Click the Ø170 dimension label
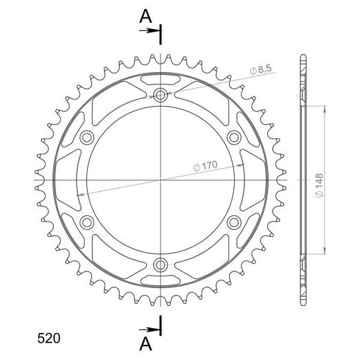[x=205, y=165]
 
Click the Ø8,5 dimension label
[x=260, y=70]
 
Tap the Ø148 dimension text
[x=319, y=186]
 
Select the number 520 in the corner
[x=48, y=339]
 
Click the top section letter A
[x=145, y=17]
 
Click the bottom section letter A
[x=145, y=344]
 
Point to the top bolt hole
[x=160, y=95]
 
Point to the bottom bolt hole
[x=160, y=265]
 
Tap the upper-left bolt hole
[x=87, y=138]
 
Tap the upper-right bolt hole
[x=234, y=138]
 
